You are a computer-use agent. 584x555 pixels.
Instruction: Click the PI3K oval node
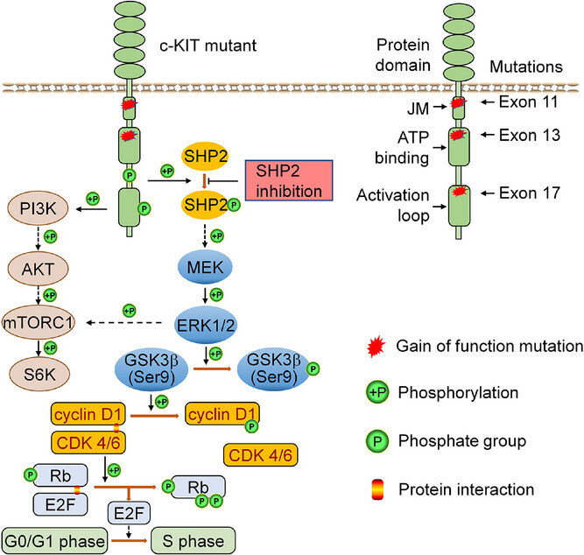(x=39, y=208)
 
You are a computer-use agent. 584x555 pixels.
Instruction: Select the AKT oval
(x=38, y=269)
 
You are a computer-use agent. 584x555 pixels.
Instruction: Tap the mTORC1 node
(x=38, y=322)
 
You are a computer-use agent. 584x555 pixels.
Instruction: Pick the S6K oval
(x=39, y=375)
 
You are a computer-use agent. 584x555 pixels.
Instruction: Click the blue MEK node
(x=205, y=267)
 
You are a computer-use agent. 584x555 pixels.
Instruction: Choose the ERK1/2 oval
(x=205, y=325)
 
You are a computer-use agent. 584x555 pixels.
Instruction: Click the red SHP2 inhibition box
(x=289, y=180)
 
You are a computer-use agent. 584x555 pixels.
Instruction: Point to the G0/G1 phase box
(x=55, y=541)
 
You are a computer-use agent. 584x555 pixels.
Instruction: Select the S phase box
(x=193, y=540)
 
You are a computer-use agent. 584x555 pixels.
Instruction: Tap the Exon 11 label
(x=528, y=102)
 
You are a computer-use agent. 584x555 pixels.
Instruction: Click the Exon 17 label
(x=529, y=193)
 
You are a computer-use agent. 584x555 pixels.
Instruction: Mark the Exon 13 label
(x=529, y=135)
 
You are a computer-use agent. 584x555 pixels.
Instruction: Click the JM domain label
(x=418, y=109)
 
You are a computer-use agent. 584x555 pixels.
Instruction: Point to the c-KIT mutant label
(x=208, y=46)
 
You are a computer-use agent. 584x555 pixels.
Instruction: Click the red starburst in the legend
(x=376, y=347)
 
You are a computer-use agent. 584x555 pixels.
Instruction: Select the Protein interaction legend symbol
(x=377, y=489)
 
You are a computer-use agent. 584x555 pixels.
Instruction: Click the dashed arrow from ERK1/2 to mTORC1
(x=123, y=322)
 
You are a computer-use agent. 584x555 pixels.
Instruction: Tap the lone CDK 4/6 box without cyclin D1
(x=260, y=455)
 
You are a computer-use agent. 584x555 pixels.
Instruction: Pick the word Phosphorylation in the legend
(x=458, y=393)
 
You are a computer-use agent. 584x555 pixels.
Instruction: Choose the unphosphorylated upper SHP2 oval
(x=205, y=157)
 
